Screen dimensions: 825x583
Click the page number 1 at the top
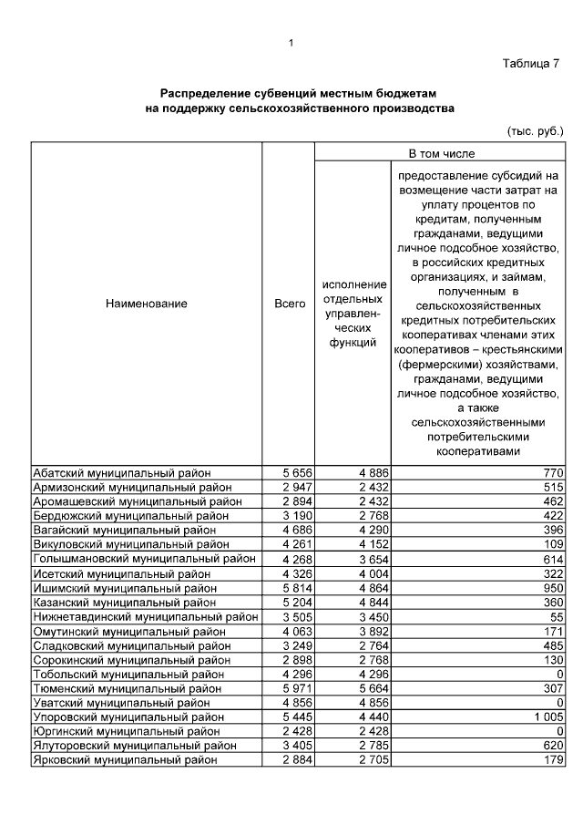click(291, 42)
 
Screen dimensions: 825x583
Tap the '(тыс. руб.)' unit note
click(535, 131)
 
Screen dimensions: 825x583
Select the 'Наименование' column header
click(147, 304)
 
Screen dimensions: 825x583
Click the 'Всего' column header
click(290, 304)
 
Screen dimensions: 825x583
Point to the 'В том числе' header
click(441, 153)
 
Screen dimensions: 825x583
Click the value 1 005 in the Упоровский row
click(547, 717)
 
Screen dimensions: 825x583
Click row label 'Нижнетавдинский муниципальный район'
click(145, 617)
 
